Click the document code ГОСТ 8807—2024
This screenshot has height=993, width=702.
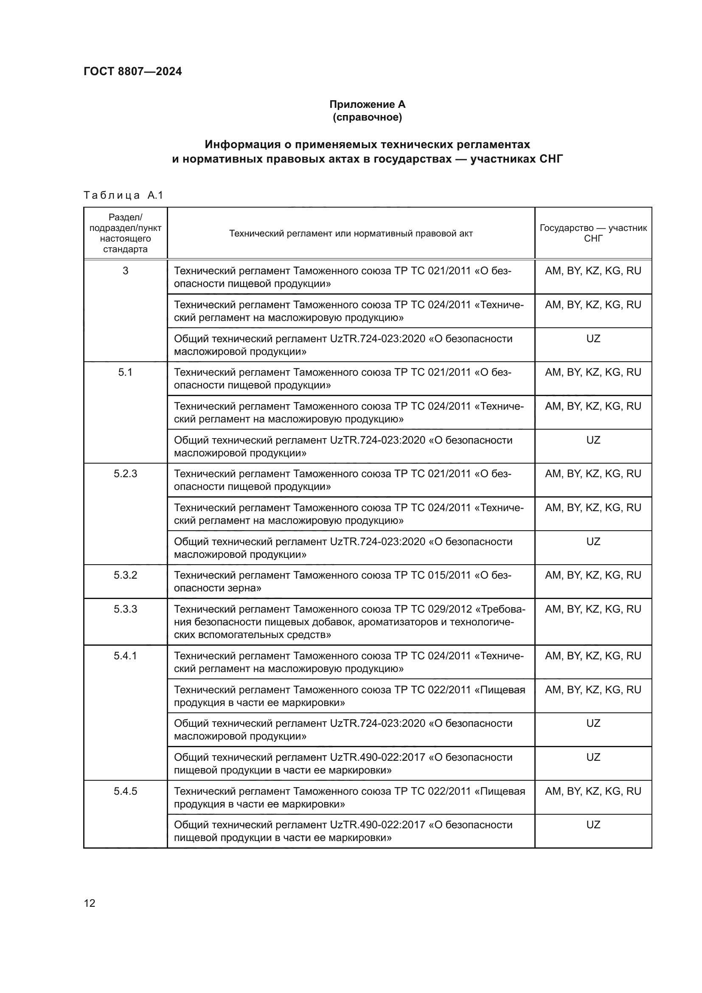point(133,71)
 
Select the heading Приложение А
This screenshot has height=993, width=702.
point(367,104)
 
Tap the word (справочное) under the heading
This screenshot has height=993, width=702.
point(367,117)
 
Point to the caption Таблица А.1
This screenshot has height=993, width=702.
point(123,195)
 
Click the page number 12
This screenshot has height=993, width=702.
point(90,903)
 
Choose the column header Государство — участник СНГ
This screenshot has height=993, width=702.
point(593,233)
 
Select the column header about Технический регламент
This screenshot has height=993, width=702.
point(351,233)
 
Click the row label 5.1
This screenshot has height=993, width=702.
point(125,372)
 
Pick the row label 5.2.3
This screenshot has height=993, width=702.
point(125,474)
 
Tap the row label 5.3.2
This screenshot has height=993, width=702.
point(125,575)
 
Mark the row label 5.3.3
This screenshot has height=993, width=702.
point(125,609)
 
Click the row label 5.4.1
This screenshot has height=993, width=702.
point(125,656)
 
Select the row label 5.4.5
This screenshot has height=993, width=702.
point(125,791)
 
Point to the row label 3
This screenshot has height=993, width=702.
point(125,271)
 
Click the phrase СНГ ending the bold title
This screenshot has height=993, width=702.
point(551,159)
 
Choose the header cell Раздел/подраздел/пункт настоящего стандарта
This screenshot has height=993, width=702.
point(125,233)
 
